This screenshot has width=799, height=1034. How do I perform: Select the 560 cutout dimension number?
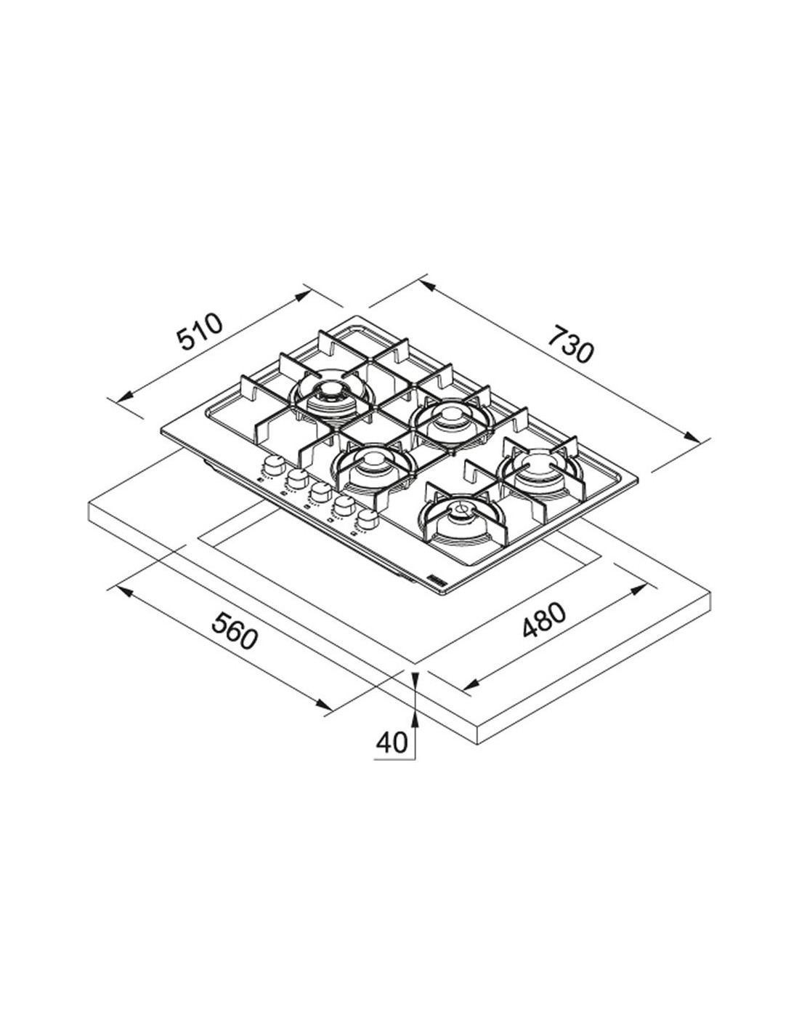tap(235, 630)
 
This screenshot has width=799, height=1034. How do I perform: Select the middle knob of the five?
tap(320, 492)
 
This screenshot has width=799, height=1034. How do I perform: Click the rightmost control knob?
tap(367, 519)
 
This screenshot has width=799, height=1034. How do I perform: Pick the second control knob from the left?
tap(296, 478)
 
